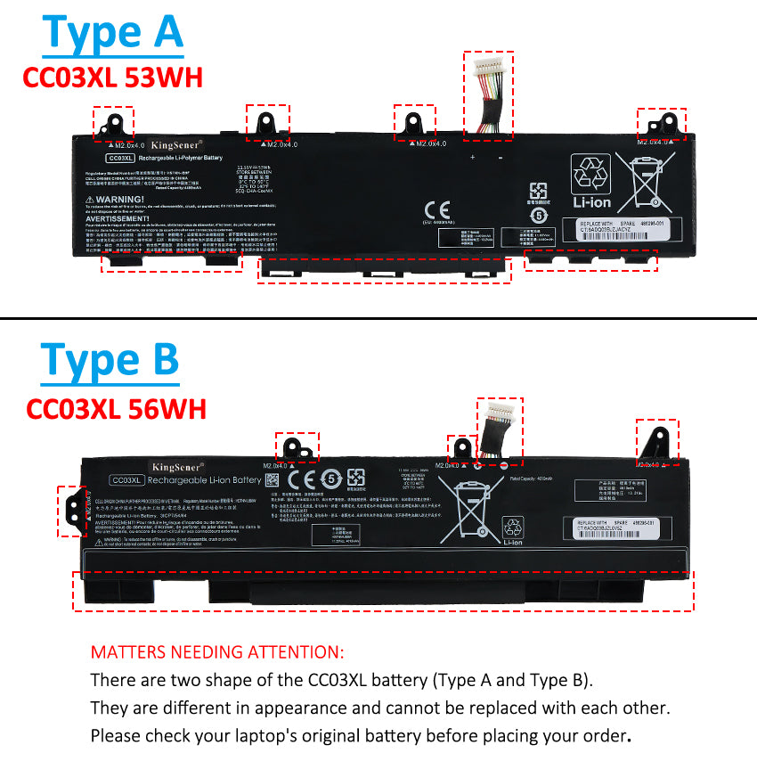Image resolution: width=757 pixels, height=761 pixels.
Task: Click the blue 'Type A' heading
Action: pyautogui.click(x=112, y=33)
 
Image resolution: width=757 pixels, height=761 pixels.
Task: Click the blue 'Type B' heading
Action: pyautogui.click(x=110, y=361)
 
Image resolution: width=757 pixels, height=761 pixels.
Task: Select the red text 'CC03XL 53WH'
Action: pyautogui.click(x=112, y=78)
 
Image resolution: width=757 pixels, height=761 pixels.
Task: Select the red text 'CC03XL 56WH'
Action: pyautogui.click(x=116, y=409)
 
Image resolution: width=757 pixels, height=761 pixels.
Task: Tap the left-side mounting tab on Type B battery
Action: pyautogui.click(x=71, y=509)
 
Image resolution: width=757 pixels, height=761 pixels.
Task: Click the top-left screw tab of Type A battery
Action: pyautogui.click(x=113, y=123)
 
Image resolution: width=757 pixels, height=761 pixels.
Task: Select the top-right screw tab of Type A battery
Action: pyautogui.click(x=661, y=123)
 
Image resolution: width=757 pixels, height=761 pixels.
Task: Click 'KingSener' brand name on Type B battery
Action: pyautogui.click(x=178, y=467)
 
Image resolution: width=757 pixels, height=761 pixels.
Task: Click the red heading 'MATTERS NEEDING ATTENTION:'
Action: pyautogui.click(x=216, y=652)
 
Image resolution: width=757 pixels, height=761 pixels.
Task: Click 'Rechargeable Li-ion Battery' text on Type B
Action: pyautogui.click(x=204, y=480)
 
